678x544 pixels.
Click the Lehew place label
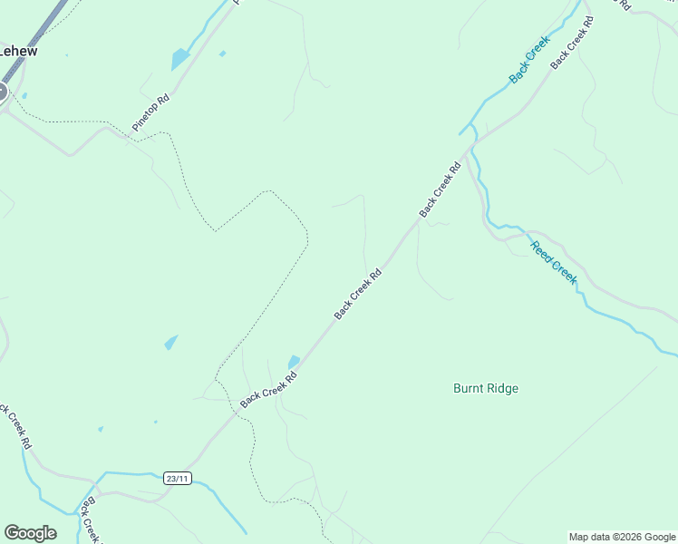[x=18, y=52]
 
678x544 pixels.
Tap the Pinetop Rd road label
[x=150, y=113]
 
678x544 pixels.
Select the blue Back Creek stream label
[x=529, y=60]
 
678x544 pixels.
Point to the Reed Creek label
[x=553, y=263]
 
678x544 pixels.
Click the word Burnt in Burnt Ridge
[x=469, y=389]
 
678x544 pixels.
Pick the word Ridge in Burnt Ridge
[x=502, y=389]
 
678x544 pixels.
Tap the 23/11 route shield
[x=178, y=478]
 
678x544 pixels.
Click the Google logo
[x=30, y=533]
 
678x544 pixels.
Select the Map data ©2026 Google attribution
[x=622, y=537]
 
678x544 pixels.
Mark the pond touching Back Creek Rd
[x=294, y=362]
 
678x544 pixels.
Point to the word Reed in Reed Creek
[x=541, y=250]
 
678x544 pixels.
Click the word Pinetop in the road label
[x=145, y=119]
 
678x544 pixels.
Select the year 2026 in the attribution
[x=626, y=537]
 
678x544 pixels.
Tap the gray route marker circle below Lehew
[x=2, y=92]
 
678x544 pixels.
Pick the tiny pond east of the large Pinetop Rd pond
[x=222, y=53]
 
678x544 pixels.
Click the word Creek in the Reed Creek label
[x=564, y=273]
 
